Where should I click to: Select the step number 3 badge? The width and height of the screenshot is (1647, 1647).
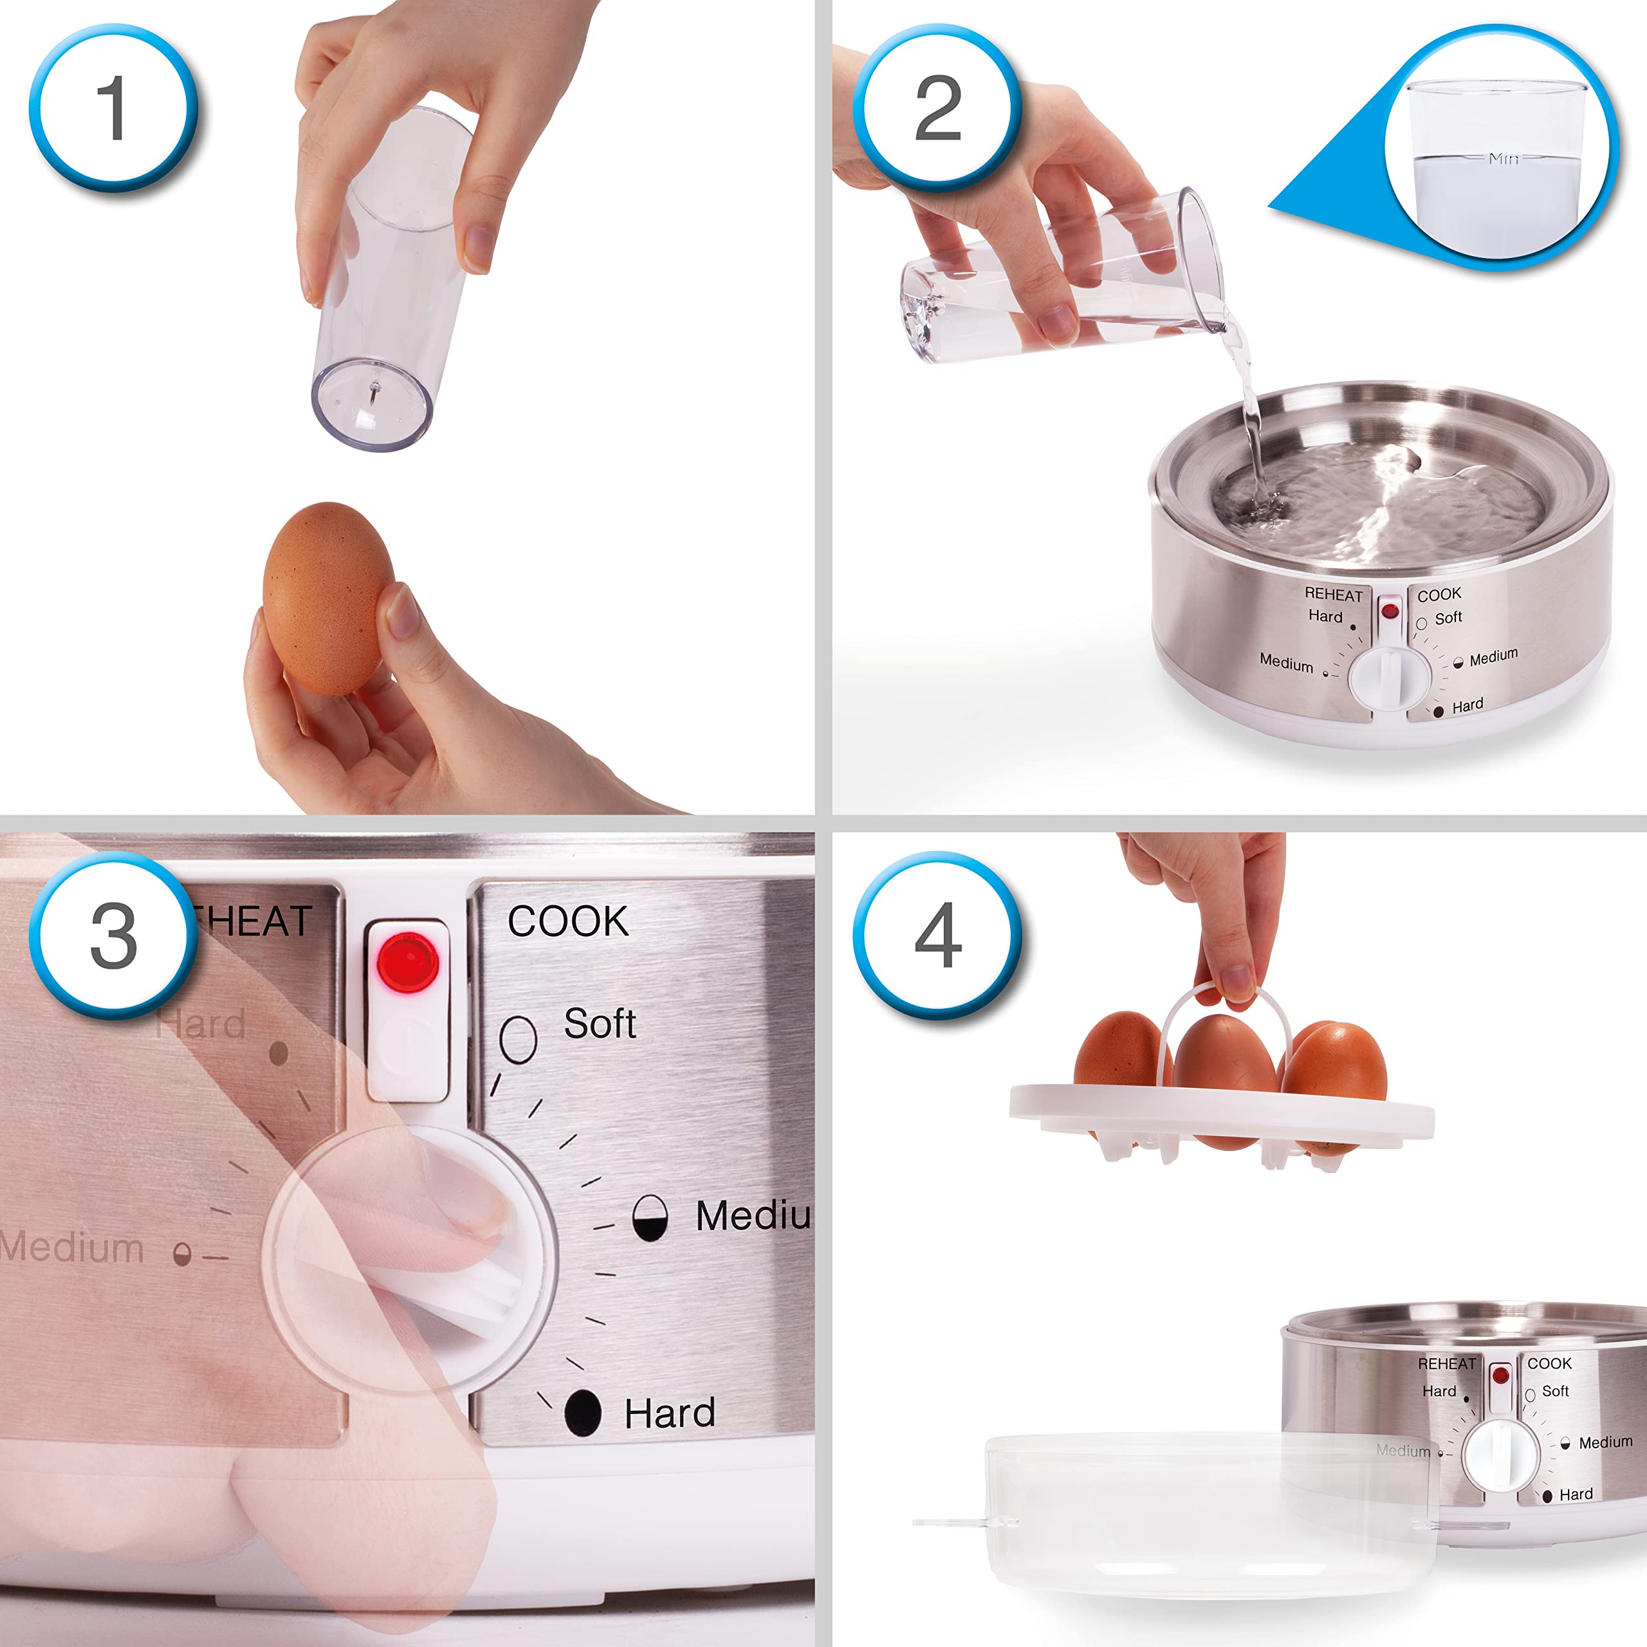[x=113, y=935]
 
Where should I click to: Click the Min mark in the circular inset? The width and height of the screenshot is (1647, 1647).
[x=1503, y=158]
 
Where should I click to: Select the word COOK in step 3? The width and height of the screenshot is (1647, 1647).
[x=567, y=921]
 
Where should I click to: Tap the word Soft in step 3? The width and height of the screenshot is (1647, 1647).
[x=600, y=1023]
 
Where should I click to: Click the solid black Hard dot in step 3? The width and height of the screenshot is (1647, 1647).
[x=582, y=1413]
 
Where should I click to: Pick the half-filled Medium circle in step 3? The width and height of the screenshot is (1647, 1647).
[x=650, y=1217]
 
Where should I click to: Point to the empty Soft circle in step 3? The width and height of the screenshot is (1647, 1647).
[x=517, y=1038]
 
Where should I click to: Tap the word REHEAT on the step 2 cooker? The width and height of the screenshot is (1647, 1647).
[x=1333, y=595]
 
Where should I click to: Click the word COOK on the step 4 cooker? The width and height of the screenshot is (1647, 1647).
[x=1549, y=1363]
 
